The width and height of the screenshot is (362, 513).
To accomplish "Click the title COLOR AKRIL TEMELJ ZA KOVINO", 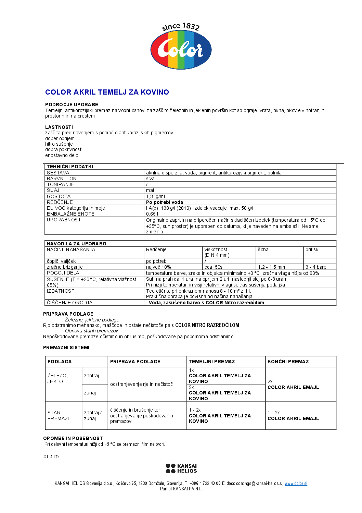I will pos(107,92).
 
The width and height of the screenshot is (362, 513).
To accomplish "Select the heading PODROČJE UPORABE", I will pos(72,105).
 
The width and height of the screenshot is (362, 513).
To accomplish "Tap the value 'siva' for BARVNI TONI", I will pos(150,179).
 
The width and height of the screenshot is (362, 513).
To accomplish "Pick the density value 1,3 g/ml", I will pos(155,196).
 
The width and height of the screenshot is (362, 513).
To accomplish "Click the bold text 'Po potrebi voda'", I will pos(165,202).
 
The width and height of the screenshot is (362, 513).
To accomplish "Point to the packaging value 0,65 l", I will pos(152,214).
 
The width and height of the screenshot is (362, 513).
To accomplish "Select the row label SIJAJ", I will pos(53,190).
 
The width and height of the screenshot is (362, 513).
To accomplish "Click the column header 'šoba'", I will pos(263,249).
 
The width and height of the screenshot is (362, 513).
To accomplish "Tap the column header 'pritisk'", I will pos(312,249).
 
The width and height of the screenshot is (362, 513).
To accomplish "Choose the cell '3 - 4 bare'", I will pos(316,267).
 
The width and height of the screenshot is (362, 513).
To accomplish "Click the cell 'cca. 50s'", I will pos(213,267).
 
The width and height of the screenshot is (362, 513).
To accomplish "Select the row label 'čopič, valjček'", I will pos(61,261).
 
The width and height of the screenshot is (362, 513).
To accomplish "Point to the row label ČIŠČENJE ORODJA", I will pos(69,303).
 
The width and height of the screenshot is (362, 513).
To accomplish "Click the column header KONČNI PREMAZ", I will pos(288,362).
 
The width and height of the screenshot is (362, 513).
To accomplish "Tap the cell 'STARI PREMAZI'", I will pos(58,415).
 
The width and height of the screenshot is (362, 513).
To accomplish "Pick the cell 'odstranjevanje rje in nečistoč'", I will pos(141,384).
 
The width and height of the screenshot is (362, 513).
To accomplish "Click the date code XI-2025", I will pos(51,456).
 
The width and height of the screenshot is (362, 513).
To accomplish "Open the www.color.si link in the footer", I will pos(296,484).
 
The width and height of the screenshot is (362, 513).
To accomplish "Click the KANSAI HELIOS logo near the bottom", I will pos(181,468).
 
